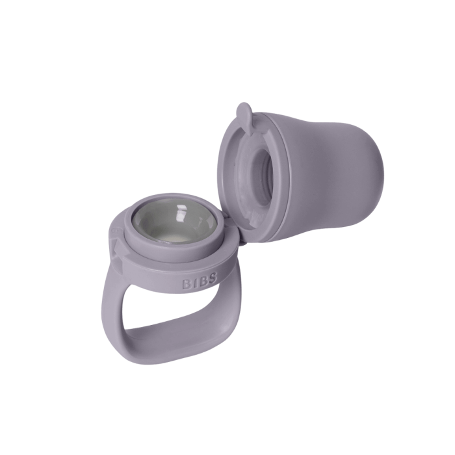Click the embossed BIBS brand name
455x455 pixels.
click(x=200, y=281)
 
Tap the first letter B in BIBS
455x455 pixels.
click(x=187, y=284)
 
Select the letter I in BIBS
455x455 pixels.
click(x=195, y=283)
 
